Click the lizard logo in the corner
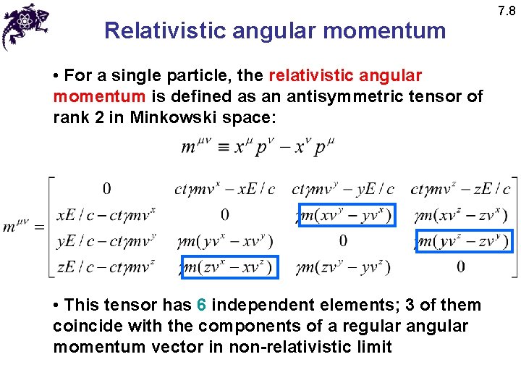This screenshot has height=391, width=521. click(25, 25)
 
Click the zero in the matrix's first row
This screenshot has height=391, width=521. click(106, 189)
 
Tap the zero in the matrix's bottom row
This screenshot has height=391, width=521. click(461, 267)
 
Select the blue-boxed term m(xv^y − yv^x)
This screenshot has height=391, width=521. click(347, 215)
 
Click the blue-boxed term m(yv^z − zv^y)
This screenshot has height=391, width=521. click(464, 241)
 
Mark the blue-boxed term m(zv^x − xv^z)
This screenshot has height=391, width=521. click(229, 268)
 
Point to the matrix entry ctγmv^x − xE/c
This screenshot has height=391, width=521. click(225, 190)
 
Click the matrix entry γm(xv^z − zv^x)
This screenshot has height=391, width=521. click(462, 215)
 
